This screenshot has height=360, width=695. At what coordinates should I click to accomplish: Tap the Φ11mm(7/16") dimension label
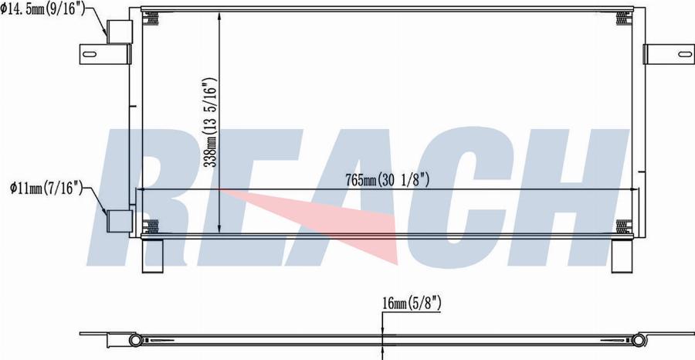pos(45,188)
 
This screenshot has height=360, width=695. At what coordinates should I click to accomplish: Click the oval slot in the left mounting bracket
pos(90,54)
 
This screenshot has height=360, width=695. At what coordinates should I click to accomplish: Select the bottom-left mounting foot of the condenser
pos(153,255)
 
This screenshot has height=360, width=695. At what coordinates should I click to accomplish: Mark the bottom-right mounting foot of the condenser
pos(622,255)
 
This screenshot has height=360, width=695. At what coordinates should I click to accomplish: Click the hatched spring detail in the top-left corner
pos(153,18)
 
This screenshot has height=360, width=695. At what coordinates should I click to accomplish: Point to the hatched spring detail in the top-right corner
pos(622,18)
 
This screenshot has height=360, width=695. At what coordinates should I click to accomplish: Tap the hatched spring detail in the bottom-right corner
pos(622,226)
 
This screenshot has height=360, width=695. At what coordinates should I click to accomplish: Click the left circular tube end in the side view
pos(135,340)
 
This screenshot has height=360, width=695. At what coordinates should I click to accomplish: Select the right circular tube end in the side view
pos(640,340)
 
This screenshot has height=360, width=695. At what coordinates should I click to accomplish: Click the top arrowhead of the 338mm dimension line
pos(220,17)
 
